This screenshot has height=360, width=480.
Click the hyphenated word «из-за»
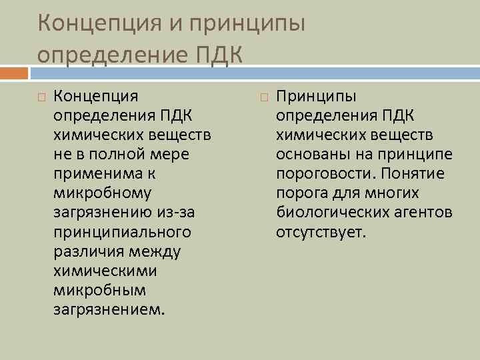pos(175,213)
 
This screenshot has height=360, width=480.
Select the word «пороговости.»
pos(322,174)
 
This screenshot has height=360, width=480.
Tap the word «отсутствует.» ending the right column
pos(321,233)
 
